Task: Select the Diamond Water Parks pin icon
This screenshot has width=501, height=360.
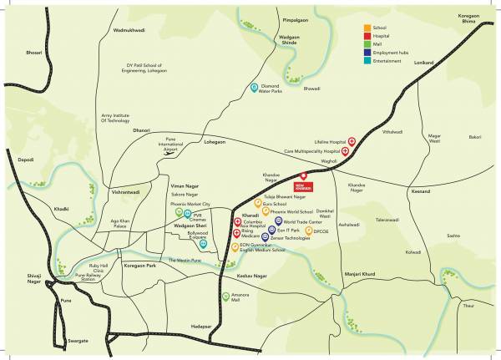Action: click(255, 87)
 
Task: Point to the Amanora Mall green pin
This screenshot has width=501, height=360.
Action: click(225, 295)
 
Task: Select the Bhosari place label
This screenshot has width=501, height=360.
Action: click(33, 52)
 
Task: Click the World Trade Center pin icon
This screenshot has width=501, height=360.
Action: click(278, 221)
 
